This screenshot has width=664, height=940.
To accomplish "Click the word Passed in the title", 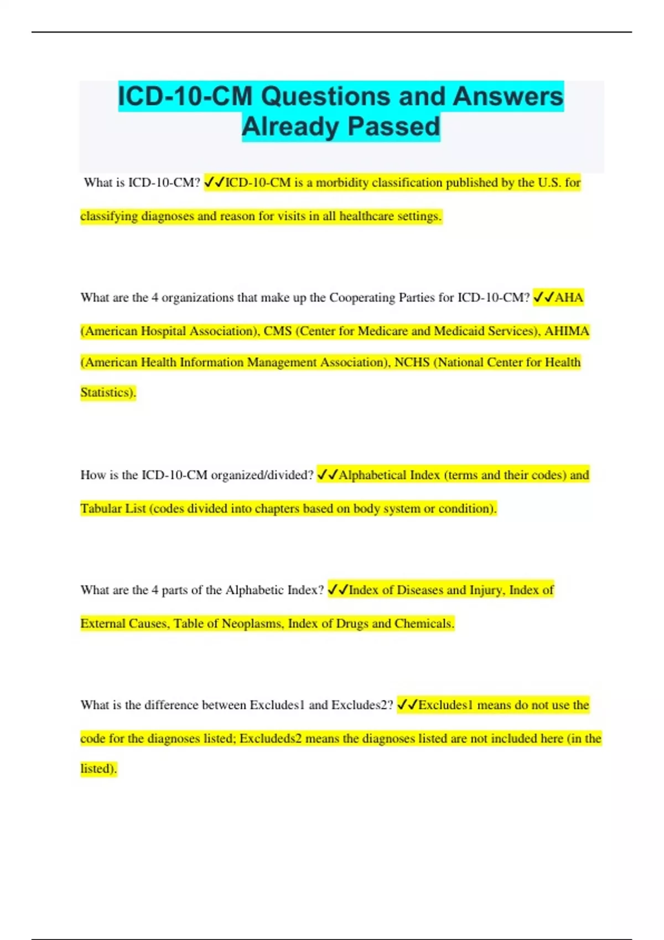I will pos(394,127).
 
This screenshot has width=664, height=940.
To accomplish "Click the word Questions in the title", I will pos(325,96).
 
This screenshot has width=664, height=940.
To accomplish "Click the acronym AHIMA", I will pos(567,331).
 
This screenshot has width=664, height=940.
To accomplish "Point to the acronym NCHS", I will pos(412,362).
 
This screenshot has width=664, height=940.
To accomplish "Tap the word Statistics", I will pos(107,393).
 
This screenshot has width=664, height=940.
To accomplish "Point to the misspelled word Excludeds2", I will pos(270,739).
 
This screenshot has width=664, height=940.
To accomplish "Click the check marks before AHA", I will pos(543,297).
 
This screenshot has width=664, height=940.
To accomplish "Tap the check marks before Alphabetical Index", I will pos(327,475).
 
